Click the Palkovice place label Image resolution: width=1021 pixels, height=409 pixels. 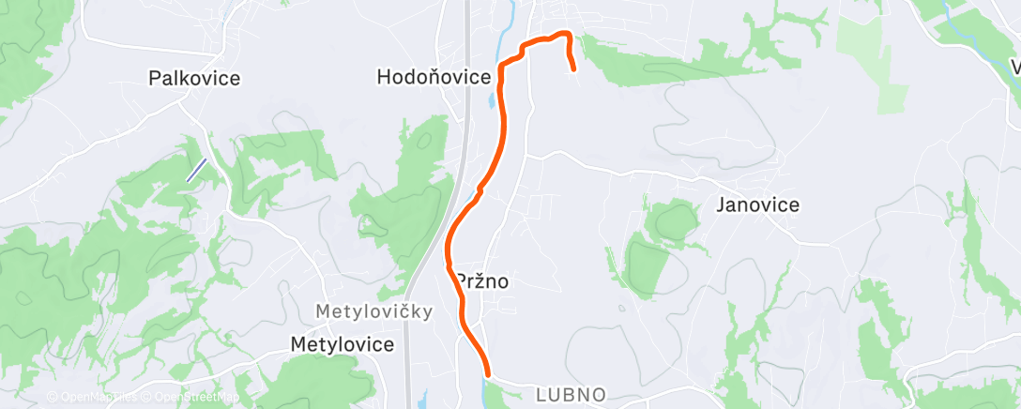click(x=194, y=79)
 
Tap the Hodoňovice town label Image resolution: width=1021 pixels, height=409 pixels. click(x=434, y=78)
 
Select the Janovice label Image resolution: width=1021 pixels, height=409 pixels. click(x=758, y=204)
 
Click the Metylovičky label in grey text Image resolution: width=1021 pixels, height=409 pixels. click(x=373, y=311)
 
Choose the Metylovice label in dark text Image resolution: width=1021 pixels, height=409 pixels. click(x=342, y=344)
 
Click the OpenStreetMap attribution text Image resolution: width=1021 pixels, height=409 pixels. click(x=191, y=398)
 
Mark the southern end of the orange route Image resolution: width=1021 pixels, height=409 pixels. click(x=487, y=374)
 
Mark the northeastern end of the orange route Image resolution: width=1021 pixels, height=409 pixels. click(x=572, y=68)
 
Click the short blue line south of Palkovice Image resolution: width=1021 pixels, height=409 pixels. click(x=196, y=170)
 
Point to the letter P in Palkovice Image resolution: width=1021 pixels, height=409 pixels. click(x=155, y=79)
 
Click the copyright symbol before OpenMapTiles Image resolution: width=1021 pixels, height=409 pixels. click(x=52, y=398)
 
